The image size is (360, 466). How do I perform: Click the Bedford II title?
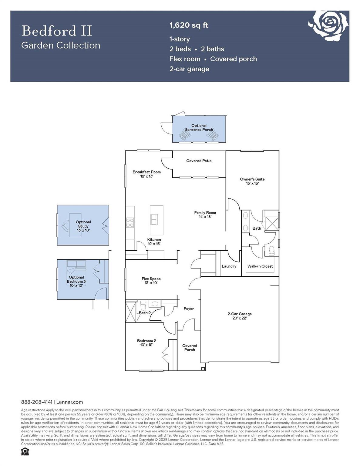(x=57, y=31)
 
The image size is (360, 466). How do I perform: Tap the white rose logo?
(x=329, y=25)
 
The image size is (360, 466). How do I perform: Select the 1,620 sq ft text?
(x=189, y=25)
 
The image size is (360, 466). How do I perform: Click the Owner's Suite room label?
(x=252, y=181)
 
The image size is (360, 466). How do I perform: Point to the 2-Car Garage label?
(x=240, y=316)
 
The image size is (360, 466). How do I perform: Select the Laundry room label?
(x=229, y=266)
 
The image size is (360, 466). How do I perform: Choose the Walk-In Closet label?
(x=260, y=266)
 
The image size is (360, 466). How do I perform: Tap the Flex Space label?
(x=151, y=281)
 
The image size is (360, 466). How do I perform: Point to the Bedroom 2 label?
(x=146, y=343)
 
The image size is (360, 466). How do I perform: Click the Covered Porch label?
(x=190, y=347)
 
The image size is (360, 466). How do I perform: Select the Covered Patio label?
(x=199, y=161)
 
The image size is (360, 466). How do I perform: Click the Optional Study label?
(x=83, y=226)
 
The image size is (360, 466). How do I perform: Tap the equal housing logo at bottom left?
(x=25, y=452)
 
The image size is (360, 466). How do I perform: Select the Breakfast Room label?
(x=146, y=174)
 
